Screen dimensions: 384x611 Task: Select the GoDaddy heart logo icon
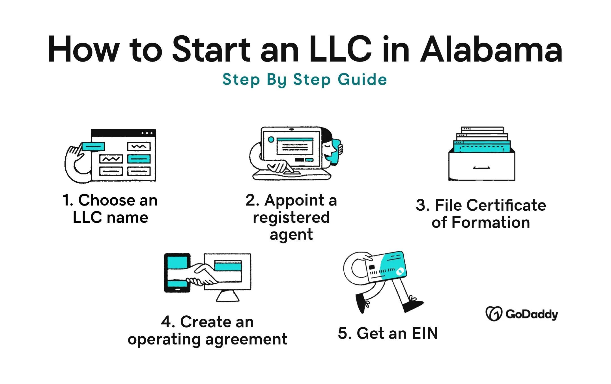[494, 314]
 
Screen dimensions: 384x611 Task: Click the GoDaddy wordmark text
[532, 314]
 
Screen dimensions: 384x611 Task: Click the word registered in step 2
[291, 218]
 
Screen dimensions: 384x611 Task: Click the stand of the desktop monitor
[228, 296]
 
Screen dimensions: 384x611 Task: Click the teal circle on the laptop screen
[271, 139]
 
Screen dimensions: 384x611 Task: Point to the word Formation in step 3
[490, 222]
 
